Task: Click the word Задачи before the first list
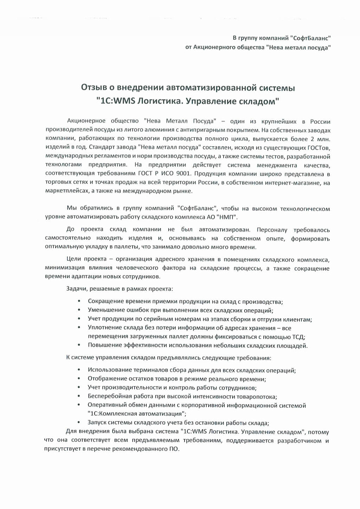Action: click(76, 289)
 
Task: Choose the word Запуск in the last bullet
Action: click(98, 422)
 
